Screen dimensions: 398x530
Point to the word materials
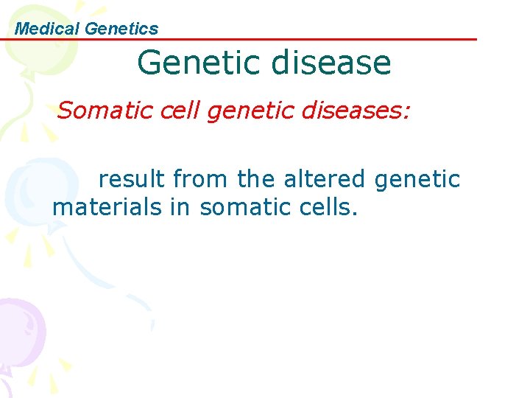(107, 208)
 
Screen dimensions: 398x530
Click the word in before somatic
(180, 208)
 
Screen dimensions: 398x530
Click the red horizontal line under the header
(294, 40)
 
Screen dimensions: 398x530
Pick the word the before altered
(255, 179)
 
